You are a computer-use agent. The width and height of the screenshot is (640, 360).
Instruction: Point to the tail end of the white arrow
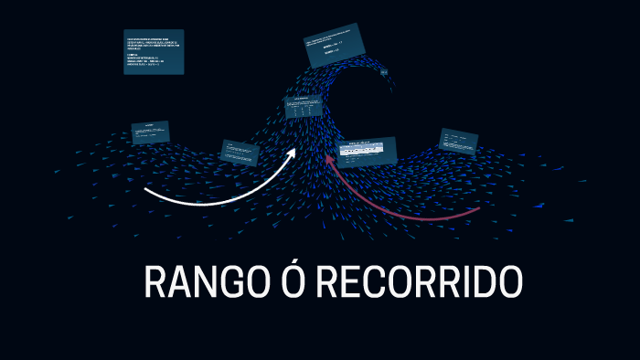click(x=146, y=192)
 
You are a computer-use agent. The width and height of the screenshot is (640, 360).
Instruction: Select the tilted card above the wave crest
click(x=335, y=49)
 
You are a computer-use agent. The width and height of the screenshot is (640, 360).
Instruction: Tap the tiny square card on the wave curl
click(x=386, y=70)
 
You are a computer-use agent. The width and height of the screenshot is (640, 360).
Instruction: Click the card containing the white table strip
click(x=367, y=152)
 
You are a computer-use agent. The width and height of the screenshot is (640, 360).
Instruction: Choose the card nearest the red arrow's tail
click(x=457, y=143)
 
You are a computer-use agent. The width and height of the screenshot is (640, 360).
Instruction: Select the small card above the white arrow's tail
click(x=149, y=132)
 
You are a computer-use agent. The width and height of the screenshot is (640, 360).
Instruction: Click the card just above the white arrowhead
click(x=304, y=109)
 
